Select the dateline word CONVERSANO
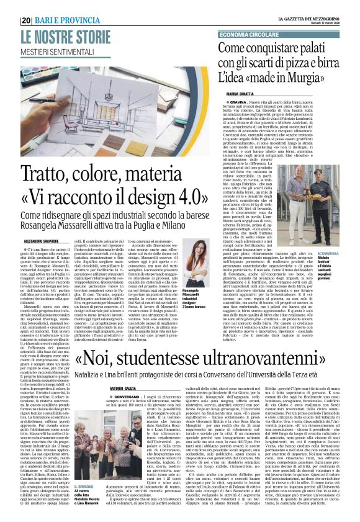point(128,379)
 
